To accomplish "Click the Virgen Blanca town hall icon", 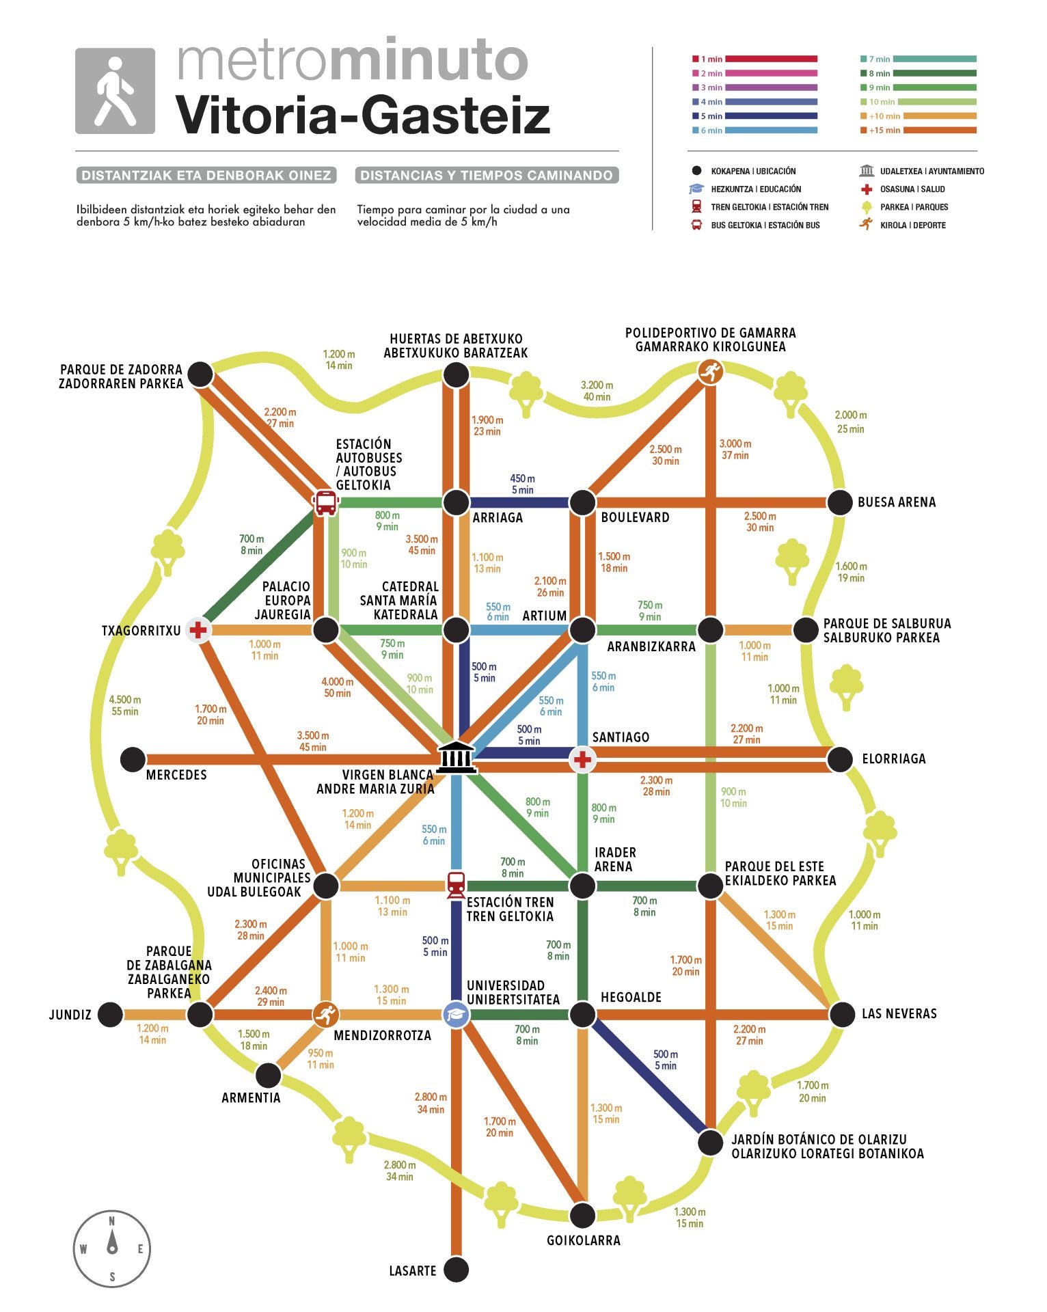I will tap(456, 757).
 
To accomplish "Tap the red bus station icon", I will tap(326, 502).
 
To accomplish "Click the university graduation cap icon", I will tap(456, 1014).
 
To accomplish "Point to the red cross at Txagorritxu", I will tap(198, 629).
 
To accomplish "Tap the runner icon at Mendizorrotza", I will tap(326, 1014).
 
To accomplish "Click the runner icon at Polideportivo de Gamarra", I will tap(711, 372).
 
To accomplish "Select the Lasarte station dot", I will tap(456, 1270).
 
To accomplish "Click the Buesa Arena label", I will tap(896, 502).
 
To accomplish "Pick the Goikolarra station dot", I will tap(582, 1215).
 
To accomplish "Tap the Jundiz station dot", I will tap(110, 1014).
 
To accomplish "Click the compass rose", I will tap(112, 1249).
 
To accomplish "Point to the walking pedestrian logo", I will tap(115, 91).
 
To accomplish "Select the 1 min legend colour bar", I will tap(771, 59).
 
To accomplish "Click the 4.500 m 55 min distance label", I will tap(125, 705).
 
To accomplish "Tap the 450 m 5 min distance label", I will tap(523, 484).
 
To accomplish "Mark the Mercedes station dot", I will tap(133, 758).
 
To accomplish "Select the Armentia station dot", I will tap(268, 1075).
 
